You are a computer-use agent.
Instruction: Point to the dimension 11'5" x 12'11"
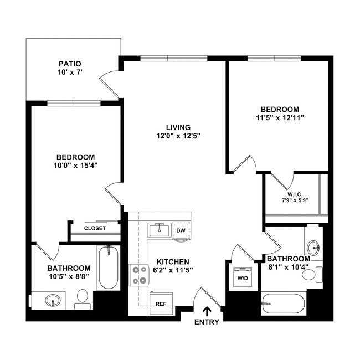tap(280, 117)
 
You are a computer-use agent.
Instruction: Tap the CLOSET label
tap(95, 228)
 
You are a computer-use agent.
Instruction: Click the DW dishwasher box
tap(181, 230)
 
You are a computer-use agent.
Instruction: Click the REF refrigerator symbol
tap(161, 304)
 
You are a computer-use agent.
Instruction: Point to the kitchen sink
tap(160, 230)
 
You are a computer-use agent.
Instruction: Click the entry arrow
tap(208, 311)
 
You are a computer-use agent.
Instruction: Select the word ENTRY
tap(207, 322)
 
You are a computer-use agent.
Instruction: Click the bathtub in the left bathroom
tap(109, 268)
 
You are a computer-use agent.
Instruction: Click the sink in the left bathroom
tap(54, 301)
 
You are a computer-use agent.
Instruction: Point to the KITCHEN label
tap(173, 261)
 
